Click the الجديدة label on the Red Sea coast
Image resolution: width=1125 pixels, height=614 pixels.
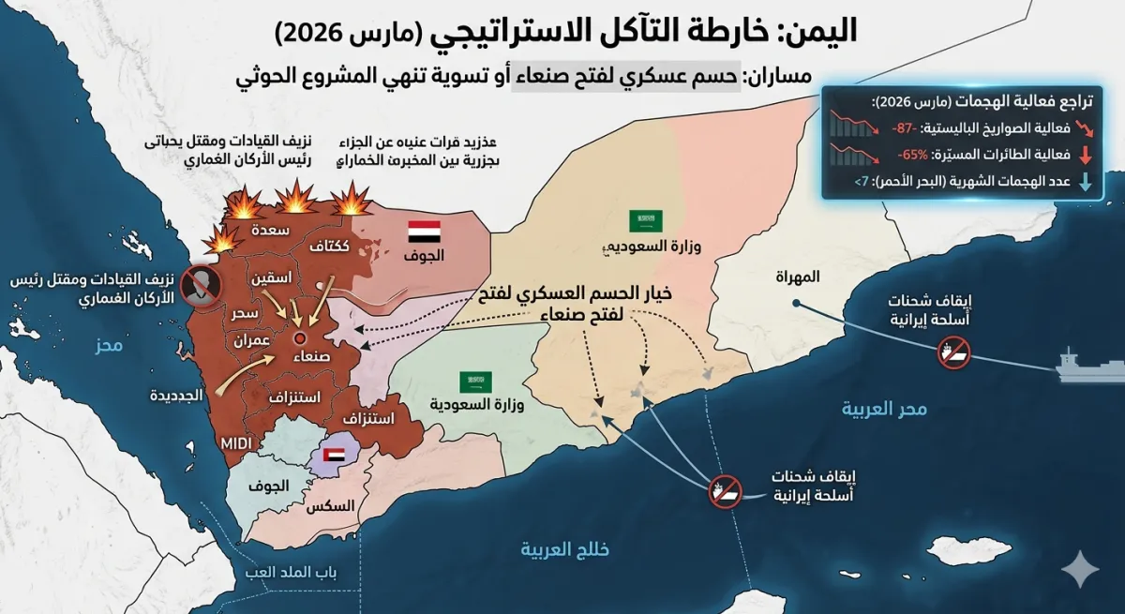(x=176, y=396)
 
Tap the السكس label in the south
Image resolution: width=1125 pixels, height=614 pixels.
(x=332, y=506)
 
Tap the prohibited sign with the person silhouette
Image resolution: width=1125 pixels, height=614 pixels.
(x=200, y=284)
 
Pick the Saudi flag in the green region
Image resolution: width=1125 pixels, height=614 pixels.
(x=474, y=382)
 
